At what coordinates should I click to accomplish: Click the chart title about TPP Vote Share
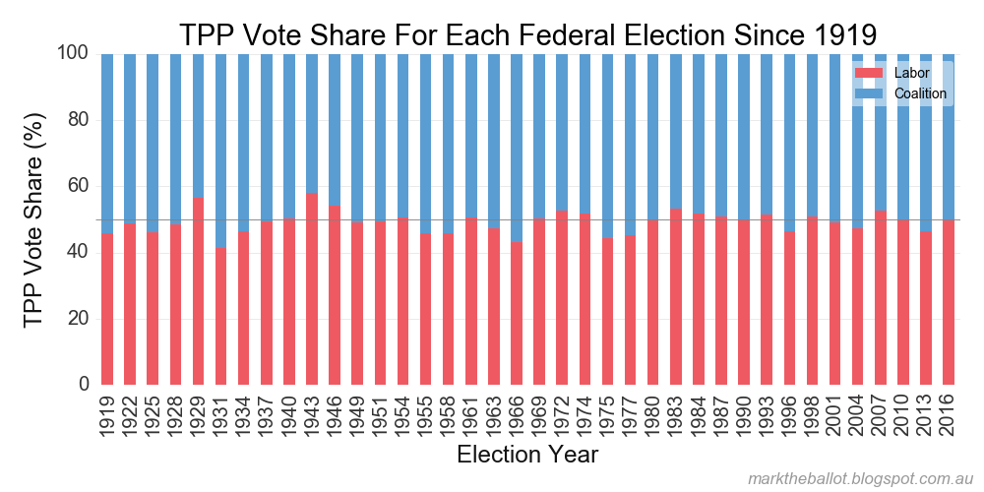click(x=526, y=34)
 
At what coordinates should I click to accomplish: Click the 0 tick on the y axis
click(x=84, y=385)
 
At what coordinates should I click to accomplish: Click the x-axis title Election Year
click(x=527, y=455)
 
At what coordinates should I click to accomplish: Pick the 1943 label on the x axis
click(x=312, y=413)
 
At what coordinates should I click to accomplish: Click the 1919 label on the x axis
click(x=107, y=413)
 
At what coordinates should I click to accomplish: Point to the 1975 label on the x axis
click(x=607, y=413)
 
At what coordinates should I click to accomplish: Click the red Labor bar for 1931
click(x=220, y=316)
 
